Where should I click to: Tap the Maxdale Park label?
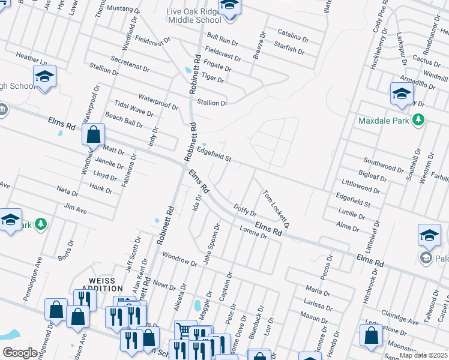tap(383, 121)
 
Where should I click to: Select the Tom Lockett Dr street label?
tap(276, 209)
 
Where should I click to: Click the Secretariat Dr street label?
tap(130, 64)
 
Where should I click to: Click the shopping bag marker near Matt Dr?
tap(94, 135)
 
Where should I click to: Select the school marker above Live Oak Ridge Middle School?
tap(228, 7)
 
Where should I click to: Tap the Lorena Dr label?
tap(253, 232)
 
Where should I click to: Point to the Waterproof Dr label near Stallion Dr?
tap(158, 102)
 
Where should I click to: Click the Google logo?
tap(20, 353)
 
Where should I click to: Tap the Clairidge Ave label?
tap(400, 319)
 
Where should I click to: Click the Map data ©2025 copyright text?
tap(424, 355)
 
